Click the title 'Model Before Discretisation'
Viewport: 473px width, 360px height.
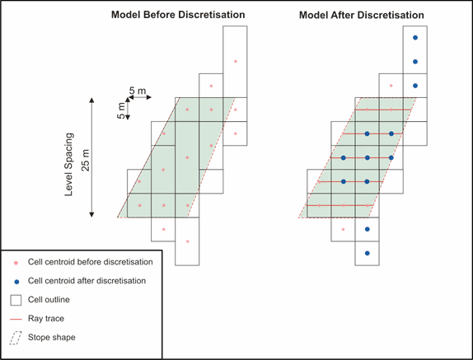point(178,15)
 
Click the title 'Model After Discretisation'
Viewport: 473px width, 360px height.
point(362,15)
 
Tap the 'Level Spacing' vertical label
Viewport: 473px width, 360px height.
point(69,164)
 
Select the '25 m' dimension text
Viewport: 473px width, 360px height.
point(86,160)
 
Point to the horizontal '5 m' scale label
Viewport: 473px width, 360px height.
point(138,91)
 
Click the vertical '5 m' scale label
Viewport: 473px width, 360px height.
point(120,110)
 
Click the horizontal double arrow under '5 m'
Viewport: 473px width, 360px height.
point(139,97)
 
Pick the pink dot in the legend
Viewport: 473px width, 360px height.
point(16,263)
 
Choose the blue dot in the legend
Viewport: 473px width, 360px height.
point(16,282)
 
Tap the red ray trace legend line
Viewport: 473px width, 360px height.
point(16,319)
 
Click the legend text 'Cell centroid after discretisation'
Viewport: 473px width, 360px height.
point(87,281)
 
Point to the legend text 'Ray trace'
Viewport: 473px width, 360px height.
point(46,318)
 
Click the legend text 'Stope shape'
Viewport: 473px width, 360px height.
point(52,337)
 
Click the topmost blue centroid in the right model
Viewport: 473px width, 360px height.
point(415,38)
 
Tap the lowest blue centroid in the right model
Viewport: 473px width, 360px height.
point(368,253)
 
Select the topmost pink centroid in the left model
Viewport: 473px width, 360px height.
point(236,61)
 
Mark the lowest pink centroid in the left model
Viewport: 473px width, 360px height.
point(188,241)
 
